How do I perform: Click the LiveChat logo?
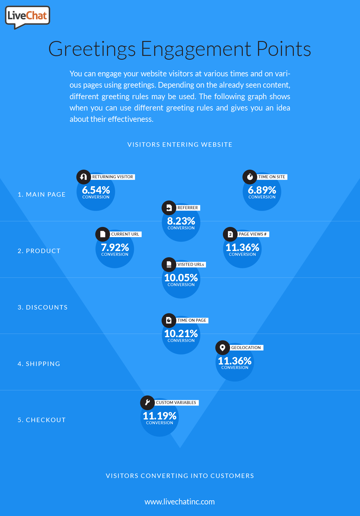(27, 16)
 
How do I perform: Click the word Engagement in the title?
(196, 49)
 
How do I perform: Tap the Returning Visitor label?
(113, 177)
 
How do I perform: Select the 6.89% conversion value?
(262, 190)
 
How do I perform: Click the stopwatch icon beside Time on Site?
(250, 177)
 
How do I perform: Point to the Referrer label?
(188, 208)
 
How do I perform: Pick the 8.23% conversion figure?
(181, 221)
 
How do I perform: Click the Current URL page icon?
(103, 234)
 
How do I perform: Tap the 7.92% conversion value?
(115, 247)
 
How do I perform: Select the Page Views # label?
(253, 234)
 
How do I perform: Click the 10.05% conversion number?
(181, 278)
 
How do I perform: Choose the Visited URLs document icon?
(169, 264)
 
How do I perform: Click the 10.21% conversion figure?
(181, 334)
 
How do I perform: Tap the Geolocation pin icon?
(223, 348)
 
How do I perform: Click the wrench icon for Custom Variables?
(148, 403)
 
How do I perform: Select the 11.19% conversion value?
(160, 416)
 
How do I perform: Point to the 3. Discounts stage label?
(43, 307)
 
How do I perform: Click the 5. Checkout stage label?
(42, 420)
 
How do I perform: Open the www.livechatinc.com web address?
(180, 502)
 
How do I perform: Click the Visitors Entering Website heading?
(180, 145)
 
